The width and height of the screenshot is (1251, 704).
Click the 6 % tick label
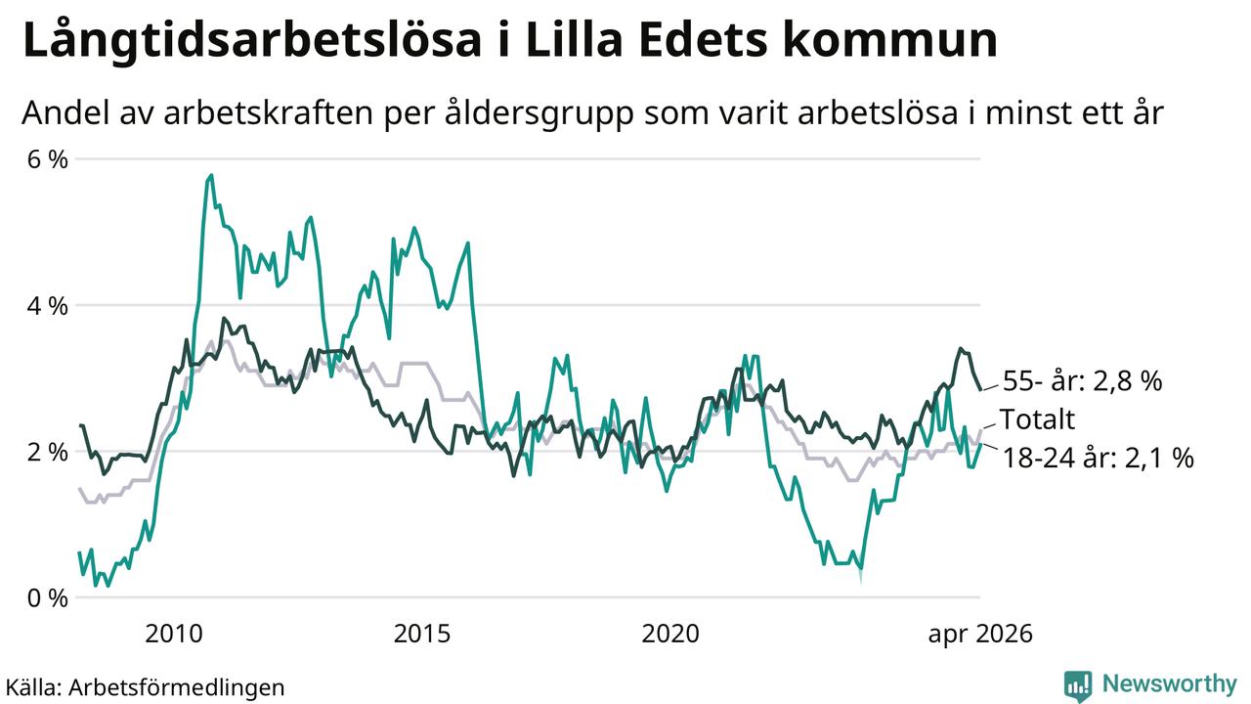pos(48,159)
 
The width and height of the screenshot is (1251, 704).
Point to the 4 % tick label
pos(48,306)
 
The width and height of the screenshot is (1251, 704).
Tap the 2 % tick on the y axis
pos(48,452)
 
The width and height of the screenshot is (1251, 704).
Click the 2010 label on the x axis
pos(173,634)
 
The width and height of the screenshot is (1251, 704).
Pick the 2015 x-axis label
pos(421,634)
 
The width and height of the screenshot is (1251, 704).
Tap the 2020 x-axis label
pos(670,634)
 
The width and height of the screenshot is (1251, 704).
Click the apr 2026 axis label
pos(980,635)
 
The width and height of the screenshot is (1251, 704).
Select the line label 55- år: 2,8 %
pos(1082,381)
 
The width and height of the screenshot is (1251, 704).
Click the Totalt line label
pos(1037,419)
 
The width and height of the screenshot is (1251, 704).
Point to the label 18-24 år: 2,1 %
pos(1099,458)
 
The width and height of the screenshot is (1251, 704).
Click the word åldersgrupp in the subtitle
pos(539,114)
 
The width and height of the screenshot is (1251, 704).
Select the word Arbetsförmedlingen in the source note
pos(177,687)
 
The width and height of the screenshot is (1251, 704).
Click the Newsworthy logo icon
pos(1078,685)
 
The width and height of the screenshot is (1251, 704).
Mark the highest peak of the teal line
pos(211,175)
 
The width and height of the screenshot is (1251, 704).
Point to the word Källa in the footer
pos(32,686)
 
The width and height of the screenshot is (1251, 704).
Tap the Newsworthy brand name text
pos(1170,683)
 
